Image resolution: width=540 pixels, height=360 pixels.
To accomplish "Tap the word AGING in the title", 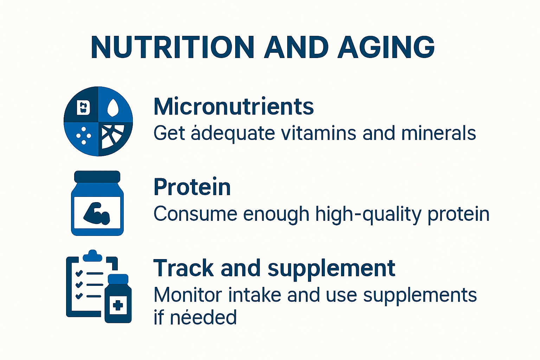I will coord(386,47).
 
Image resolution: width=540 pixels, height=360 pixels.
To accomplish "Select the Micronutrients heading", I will coord(233,107).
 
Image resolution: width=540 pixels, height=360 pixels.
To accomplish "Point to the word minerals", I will coord(438,134).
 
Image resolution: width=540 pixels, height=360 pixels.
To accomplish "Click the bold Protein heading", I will coord(192,187).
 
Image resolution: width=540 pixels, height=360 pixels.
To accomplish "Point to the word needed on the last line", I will coord(203,317).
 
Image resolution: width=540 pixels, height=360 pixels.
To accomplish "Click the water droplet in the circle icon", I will coord(112,108).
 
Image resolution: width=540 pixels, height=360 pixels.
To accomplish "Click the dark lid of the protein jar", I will coord(97,176).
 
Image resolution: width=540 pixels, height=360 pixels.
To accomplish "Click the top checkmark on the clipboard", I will coord(79,273).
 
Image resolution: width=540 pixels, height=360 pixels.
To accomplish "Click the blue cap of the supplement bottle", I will coord(118,279).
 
